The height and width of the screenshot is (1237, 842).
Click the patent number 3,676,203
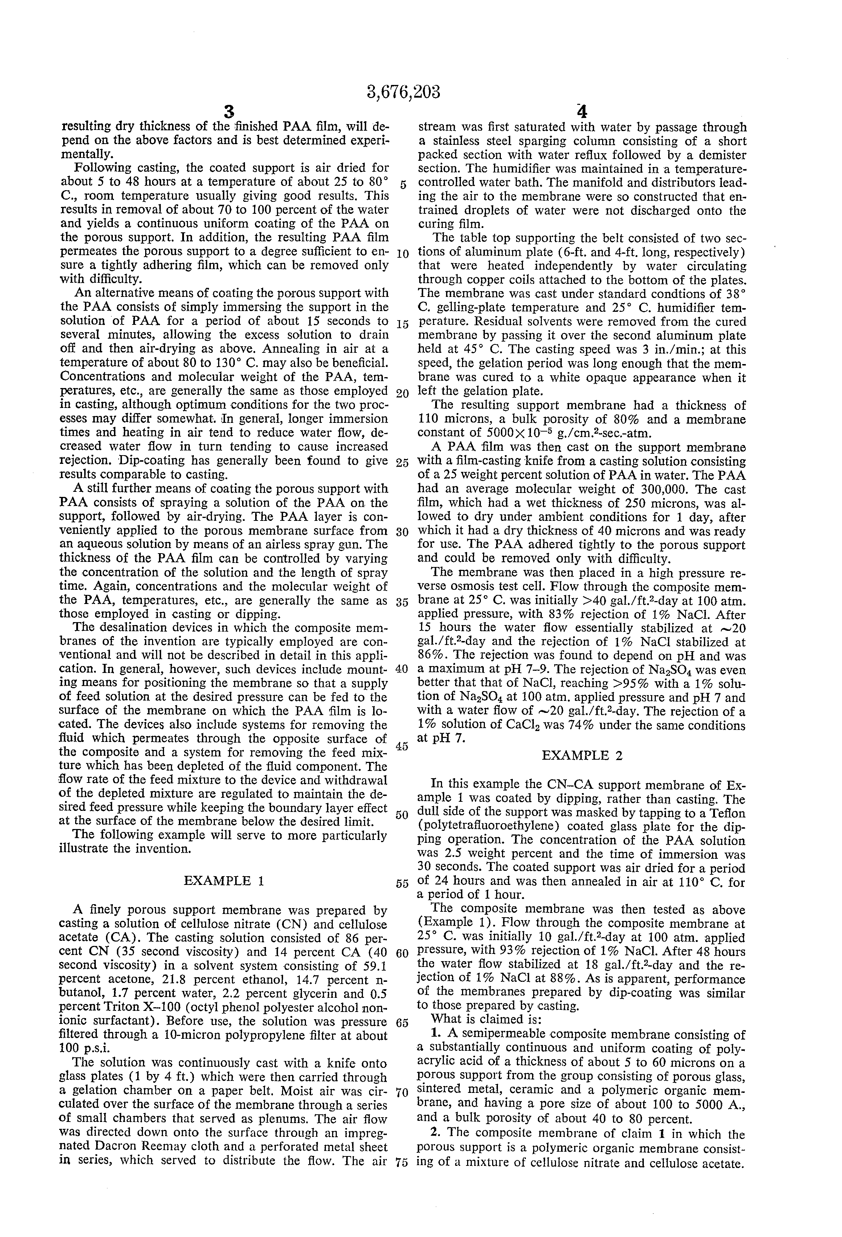404,92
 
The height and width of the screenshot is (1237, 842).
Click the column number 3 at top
229,112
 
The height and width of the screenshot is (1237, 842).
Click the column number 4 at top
582,112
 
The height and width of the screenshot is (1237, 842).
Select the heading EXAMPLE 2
582,755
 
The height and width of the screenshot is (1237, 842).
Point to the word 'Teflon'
728,813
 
